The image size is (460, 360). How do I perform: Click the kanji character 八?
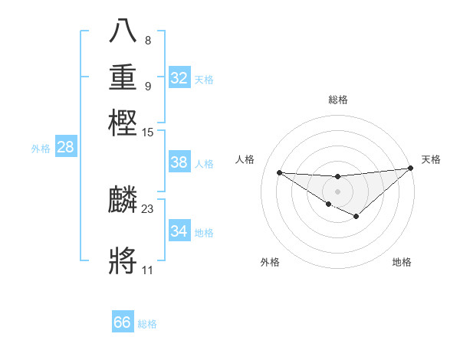pyautogui.click(x=123, y=31)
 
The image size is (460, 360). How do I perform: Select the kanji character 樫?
pyautogui.click(x=123, y=123)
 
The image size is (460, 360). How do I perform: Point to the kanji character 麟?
pyautogui.click(x=123, y=200)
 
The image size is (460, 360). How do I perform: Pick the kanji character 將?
pyautogui.click(x=123, y=260)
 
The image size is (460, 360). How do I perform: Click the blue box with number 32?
pyautogui.click(x=179, y=78)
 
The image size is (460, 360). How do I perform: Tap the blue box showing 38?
pyautogui.click(x=179, y=162)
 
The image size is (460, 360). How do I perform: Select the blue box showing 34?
pyautogui.click(x=179, y=231)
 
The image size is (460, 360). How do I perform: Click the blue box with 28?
pyautogui.click(x=65, y=148)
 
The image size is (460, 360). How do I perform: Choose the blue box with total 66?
pyautogui.click(x=123, y=322)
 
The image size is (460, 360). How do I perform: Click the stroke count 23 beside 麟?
pyautogui.click(x=148, y=208)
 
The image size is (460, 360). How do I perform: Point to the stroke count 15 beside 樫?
pyautogui.click(x=148, y=133)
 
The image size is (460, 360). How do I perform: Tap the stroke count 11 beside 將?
pyautogui.click(x=147, y=270)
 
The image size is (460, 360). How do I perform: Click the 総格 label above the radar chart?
pyautogui.click(x=338, y=100)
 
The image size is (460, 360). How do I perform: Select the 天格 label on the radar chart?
pyautogui.click(x=431, y=159)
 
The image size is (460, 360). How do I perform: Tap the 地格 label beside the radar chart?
pyautogui.click(x=402, y=262)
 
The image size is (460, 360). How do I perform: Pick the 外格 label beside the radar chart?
pyautogui.click(x=270, y=262)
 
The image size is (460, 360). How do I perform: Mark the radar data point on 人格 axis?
pyautogui.click(x=279, y=172)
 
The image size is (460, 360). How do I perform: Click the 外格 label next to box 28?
pyautogui.click(x=41, y=149)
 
